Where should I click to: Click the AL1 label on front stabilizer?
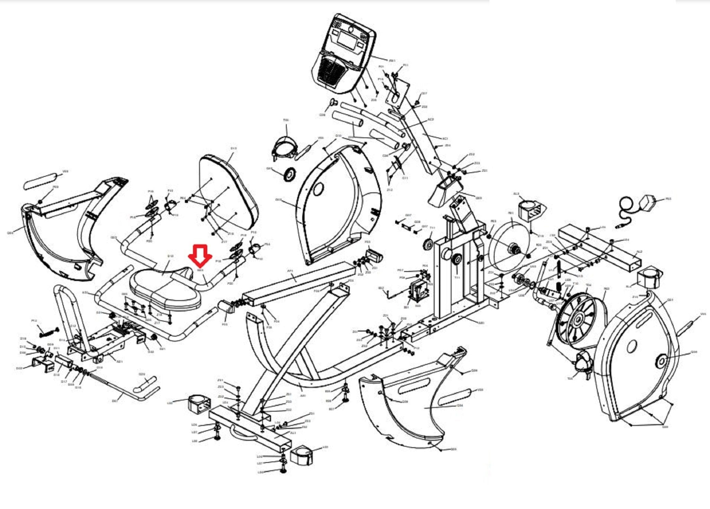tap(293, 433)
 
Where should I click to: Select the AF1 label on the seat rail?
tap(290, 270)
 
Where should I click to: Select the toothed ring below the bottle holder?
tap(289, 174)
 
